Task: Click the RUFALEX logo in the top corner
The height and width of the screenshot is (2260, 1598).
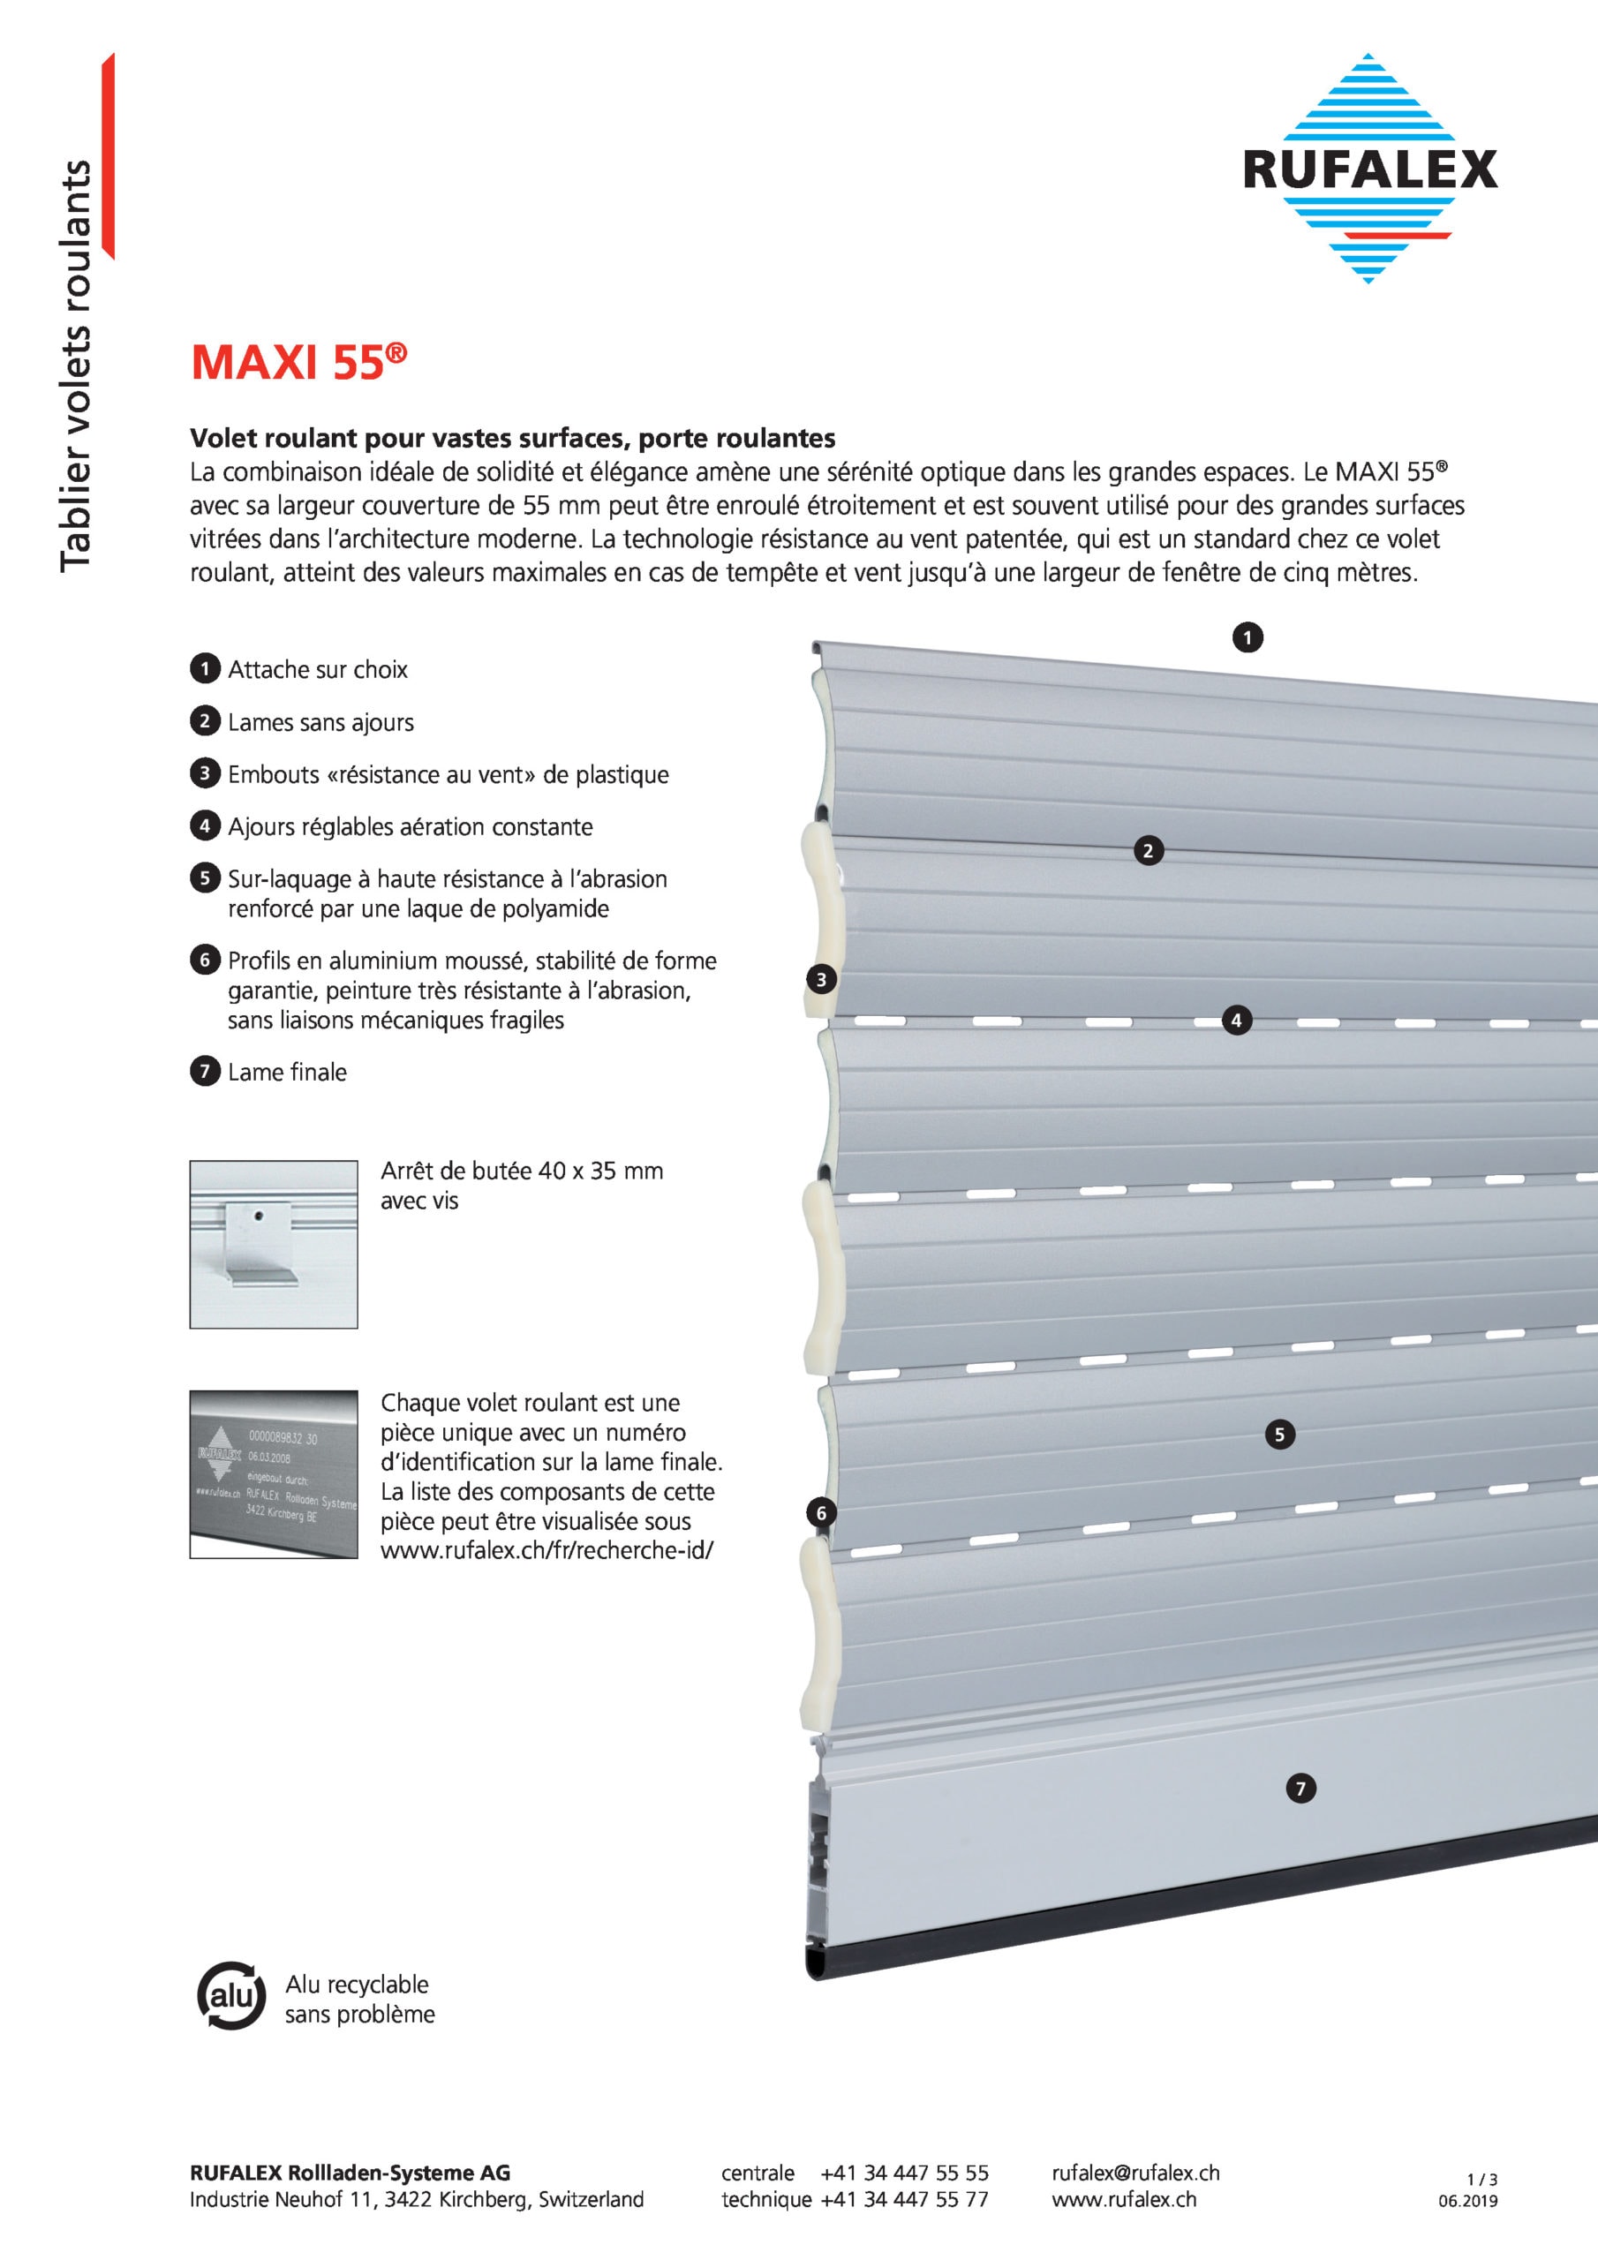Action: [1368, 169]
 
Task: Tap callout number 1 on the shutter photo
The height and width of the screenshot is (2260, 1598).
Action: [1247, 638]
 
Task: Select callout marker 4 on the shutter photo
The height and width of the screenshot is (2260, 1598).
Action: [1237, 1021]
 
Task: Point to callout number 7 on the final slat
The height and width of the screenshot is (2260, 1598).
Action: [1300, 1789]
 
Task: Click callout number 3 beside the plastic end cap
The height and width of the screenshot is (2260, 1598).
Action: [821, 979]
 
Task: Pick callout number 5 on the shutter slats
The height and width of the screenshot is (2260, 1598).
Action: [1280, 1435]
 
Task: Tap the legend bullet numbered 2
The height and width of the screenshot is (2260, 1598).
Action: [204, 721]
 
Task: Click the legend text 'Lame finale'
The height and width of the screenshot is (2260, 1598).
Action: [287, 1072]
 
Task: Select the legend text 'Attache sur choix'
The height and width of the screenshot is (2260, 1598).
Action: [317, 669]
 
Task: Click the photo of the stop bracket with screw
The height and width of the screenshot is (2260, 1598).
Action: [274, 1244]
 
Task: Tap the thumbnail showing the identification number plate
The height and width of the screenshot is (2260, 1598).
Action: [274, 1473]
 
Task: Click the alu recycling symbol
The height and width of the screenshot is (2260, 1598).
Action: [231, 1997]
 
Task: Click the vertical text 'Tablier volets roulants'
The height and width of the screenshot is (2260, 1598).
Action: [76, 365]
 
